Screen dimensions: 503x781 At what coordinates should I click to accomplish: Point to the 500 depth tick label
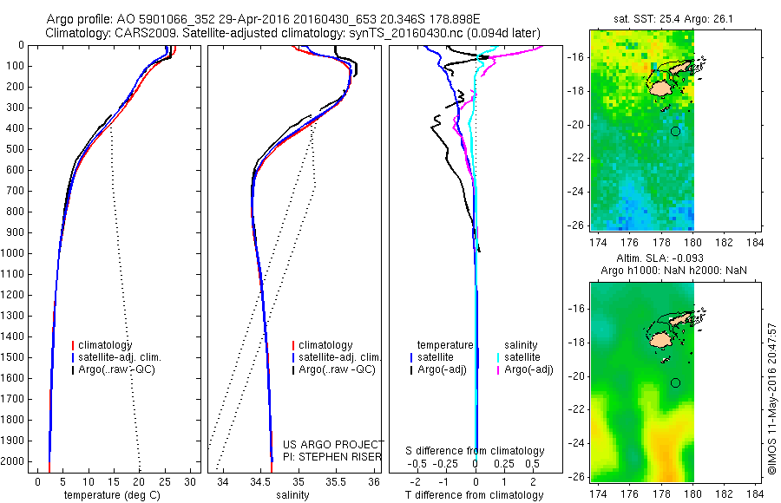[14, 149]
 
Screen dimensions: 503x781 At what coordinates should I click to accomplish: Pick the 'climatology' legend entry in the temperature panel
[105, 345]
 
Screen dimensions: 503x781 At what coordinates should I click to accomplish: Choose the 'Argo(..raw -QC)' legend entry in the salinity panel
[337, 369]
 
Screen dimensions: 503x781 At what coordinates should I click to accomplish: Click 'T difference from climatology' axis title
[475, 495]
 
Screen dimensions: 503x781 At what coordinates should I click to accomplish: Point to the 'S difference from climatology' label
[475, 451]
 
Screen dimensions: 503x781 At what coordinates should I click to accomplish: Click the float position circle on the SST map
[675, 131]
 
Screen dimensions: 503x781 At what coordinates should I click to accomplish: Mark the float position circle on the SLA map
[675, 382]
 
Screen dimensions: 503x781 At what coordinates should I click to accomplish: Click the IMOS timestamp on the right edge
[772, 399]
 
